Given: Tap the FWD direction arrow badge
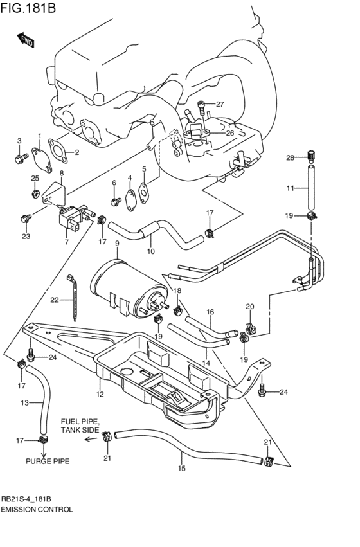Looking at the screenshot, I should [26, 40].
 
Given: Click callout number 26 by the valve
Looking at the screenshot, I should [230, 133].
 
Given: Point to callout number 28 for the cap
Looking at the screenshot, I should [289, 157].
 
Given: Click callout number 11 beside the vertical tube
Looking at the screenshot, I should [289, 188].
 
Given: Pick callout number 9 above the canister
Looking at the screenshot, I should [117, 244].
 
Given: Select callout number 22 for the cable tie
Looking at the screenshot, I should [55, 300].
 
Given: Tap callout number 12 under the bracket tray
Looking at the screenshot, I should [100, 394].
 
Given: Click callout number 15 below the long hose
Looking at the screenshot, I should [181, 468].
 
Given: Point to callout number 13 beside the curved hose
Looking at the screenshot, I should [24, 402].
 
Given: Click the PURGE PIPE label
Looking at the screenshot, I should [48, 461].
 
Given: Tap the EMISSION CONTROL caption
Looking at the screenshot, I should [37, 508].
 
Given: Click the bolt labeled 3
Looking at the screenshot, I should [20, 156].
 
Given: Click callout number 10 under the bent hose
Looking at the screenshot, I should [152, 251].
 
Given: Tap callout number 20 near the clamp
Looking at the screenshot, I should [250, 306].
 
